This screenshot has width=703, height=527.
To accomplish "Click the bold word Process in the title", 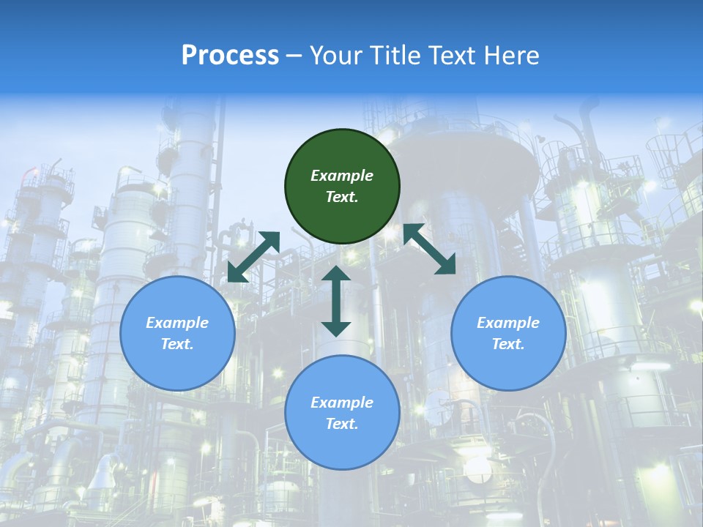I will (230, 56).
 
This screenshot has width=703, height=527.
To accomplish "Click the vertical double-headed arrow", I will (336, 301).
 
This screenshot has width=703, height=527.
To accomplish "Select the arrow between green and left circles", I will (253, 256).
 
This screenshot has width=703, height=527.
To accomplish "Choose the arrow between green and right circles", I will (430, 249).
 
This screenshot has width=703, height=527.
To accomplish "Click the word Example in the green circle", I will (342, 176).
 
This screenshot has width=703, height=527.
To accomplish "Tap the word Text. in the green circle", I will (342, 197).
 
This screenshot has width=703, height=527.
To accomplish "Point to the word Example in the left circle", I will (177, 323).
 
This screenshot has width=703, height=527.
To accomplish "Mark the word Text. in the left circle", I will (177, 344).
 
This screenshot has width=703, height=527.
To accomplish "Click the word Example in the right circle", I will (508, 323).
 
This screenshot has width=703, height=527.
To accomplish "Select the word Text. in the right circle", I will (508, 344).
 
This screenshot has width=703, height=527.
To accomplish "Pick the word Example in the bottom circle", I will (342, 403).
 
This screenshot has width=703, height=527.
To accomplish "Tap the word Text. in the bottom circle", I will (342, 424).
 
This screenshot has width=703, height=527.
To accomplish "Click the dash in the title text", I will (294, 56).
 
